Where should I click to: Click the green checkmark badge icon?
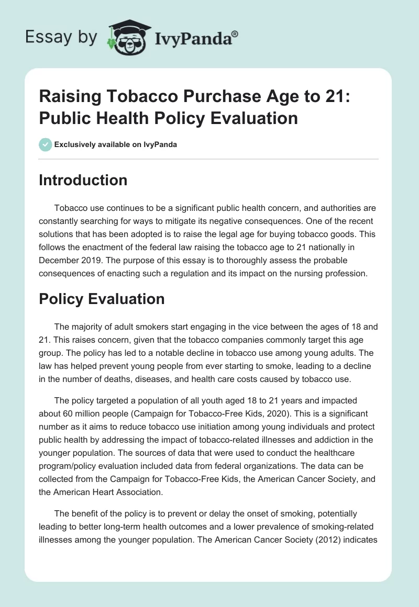pos(46,144)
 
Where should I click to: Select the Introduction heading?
pos(83,180)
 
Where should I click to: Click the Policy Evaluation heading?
pos(102,299)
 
